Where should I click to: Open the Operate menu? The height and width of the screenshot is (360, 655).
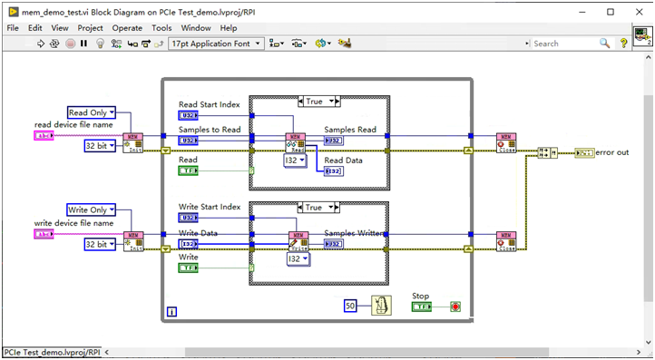pos(127,28)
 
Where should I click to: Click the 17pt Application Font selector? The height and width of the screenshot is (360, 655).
pos(215,43)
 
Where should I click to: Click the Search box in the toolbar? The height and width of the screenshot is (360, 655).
pos(562,43)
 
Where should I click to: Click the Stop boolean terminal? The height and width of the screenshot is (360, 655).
pos(422,307)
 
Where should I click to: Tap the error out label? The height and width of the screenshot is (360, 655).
pos(612,152)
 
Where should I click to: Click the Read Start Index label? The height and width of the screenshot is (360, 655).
pos(210,105)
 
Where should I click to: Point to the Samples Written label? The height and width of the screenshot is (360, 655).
pos(354,233)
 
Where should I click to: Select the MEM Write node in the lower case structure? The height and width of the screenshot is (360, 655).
pos(298,241)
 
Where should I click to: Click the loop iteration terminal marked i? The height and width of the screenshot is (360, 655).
pos(171,313)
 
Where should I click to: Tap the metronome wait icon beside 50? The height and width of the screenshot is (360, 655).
pos(382,306)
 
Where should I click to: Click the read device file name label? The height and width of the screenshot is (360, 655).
pos(74,124)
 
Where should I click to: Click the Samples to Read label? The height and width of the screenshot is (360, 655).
pos(210,129)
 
